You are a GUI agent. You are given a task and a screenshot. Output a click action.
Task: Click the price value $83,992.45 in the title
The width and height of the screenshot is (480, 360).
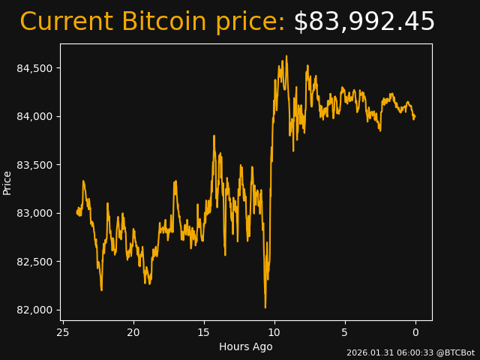pyautogui.click(x=364, y=22)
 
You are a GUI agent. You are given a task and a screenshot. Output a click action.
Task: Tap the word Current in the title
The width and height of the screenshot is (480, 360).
pyautogui.click(x=67, y=22)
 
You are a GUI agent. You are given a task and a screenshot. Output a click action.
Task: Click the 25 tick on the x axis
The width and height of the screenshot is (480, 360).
pyautogui.click(x=63, y=332)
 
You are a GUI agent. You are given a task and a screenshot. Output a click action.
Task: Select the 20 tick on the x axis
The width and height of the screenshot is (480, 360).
pyautogui.click(x=133, y=332)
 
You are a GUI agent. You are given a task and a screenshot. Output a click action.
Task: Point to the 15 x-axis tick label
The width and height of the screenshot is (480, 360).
pyautogui.click(x=204, y=332)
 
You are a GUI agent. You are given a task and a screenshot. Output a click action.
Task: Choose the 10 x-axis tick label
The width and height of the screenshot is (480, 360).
pyautogui.click(x=274, y=332)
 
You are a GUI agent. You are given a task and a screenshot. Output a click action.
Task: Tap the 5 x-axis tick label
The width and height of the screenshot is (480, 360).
pyautogui.click(x=345, y=332)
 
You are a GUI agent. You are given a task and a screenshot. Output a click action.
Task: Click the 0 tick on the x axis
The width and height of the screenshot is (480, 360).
pyautogui.click(x=415, y=332)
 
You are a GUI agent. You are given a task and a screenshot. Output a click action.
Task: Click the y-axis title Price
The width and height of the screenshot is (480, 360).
pyautogui.click(x=7, y=182)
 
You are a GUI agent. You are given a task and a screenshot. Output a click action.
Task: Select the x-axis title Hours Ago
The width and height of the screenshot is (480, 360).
pyautogui.click(x=245, y=346)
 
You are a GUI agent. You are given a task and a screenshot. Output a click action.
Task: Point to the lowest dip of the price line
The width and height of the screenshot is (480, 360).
pyautogui.click(x=265, y=307)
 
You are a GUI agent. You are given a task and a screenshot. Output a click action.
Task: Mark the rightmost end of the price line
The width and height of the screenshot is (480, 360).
pyautogui.click(x=414, y=117)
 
